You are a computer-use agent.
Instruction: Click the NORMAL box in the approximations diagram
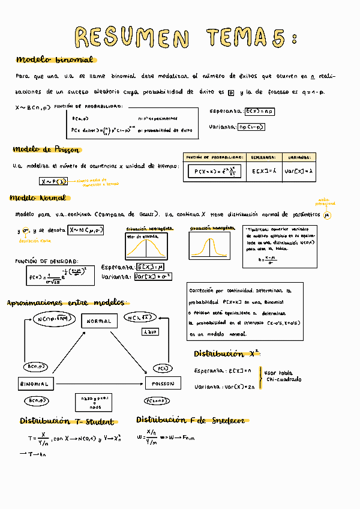[99, 322]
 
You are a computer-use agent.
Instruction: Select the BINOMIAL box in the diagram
[35, 383]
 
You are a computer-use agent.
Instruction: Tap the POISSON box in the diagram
[163, 383]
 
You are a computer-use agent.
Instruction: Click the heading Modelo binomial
[55, 60]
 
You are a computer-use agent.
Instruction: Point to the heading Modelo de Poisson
[46, 149]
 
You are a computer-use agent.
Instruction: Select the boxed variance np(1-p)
[251, 127]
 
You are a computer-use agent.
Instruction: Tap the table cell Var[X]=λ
[299, 171]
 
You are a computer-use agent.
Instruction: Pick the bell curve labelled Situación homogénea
[210, 246]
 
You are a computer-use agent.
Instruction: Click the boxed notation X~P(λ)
[53, 181]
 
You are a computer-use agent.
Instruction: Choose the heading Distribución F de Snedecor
[192, 420]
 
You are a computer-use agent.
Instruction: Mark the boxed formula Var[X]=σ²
[153, 277]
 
